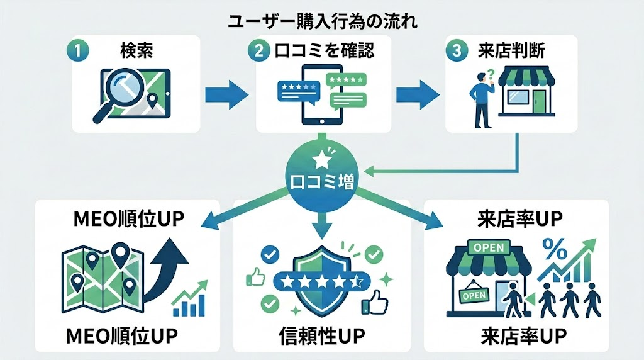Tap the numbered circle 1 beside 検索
coord(76,51)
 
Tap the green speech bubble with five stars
coord(345,81)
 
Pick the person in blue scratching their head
coord(481,101)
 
